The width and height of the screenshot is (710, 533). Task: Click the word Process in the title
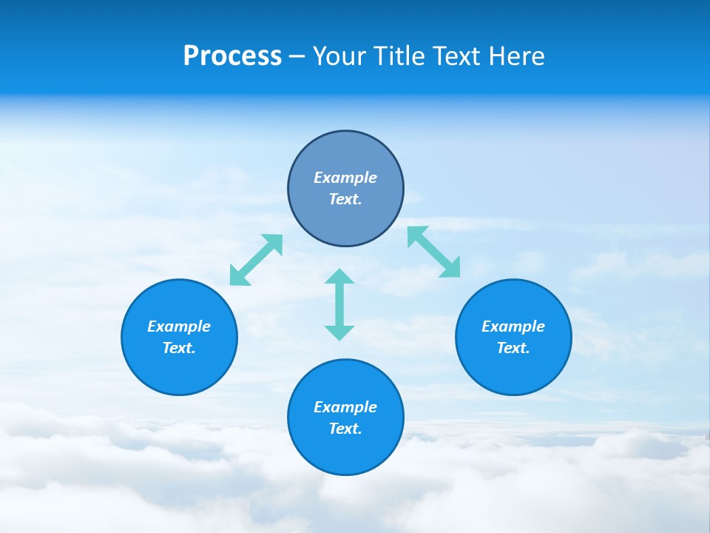(232, 56)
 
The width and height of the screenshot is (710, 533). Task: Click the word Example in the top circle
(345, 178)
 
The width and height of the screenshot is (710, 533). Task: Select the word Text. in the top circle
(345, 199)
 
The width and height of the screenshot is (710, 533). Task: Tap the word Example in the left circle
(179, 326)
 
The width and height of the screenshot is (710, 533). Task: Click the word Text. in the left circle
(179, 348)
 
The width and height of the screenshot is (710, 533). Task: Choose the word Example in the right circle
(513, 326)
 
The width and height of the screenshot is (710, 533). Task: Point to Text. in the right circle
(513, 348)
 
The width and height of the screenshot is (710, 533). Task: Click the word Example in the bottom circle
(345, 407)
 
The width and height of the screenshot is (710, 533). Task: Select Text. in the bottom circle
(345, 429)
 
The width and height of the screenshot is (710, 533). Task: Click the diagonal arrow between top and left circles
(256, 260)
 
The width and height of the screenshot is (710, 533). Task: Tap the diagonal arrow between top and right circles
(434, 252)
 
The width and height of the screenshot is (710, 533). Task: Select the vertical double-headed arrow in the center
(339, 304)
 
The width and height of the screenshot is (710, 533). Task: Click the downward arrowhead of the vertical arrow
(339, 332)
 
